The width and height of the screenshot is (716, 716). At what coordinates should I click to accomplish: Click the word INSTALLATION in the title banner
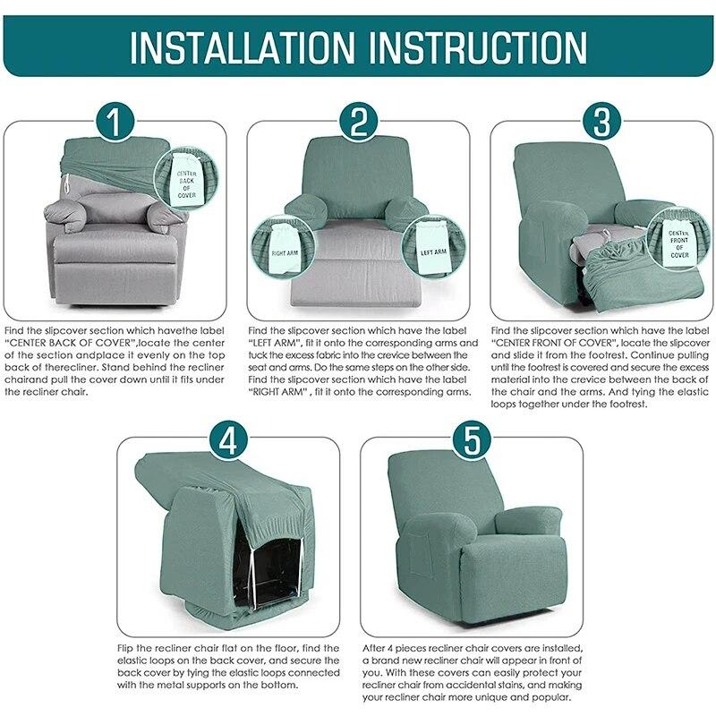tap(243, 46)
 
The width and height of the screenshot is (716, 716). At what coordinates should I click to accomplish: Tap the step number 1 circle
tap(115, 121)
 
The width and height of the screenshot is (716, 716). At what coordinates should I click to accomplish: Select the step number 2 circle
tap(358, 121)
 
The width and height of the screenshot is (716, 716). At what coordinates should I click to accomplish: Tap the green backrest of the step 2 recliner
tap(357, 175)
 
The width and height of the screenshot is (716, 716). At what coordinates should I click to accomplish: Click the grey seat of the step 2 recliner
tap(357, 242)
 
